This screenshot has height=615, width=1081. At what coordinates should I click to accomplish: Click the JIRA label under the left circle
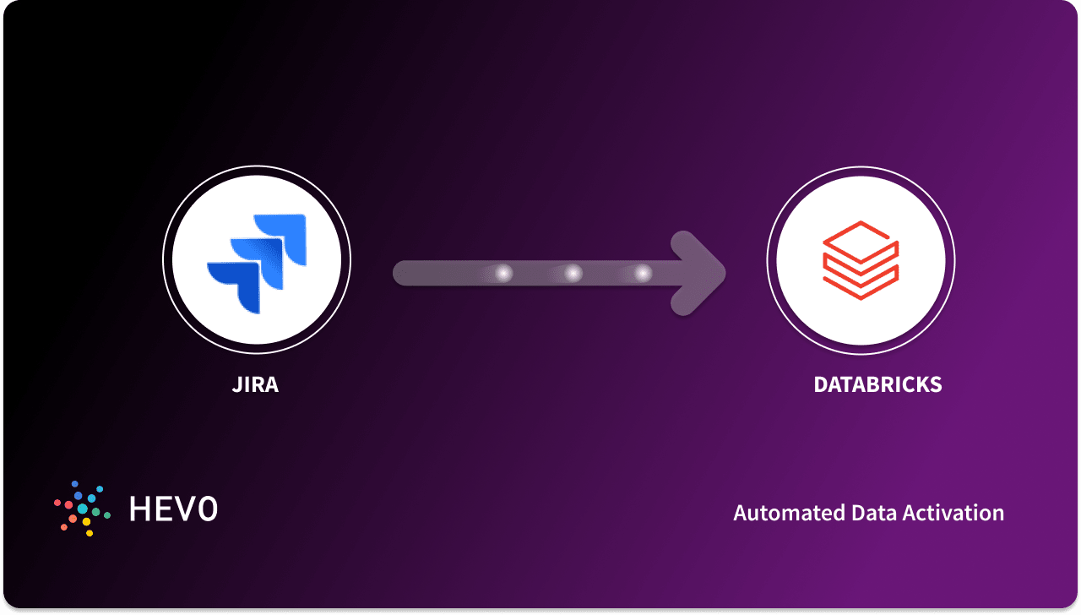tap(255, 385)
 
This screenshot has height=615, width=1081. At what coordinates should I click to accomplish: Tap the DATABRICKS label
tap(877, 385)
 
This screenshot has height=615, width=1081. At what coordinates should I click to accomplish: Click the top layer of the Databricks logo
tap(861, 236)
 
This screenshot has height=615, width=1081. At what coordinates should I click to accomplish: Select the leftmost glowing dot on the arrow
tap(504, 273)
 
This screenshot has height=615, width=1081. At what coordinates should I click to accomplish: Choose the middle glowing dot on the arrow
tap(573, 273)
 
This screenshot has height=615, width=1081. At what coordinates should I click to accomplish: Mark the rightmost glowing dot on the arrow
tap(643, 273)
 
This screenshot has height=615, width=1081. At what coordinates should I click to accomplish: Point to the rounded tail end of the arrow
tap(404, 273)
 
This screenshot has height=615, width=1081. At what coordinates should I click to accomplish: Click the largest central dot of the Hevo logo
tap(83, 509)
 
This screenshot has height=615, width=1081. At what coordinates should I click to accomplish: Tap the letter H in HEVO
tap(139, 508)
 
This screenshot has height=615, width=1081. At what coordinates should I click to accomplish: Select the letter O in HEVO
tap(205, 508)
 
